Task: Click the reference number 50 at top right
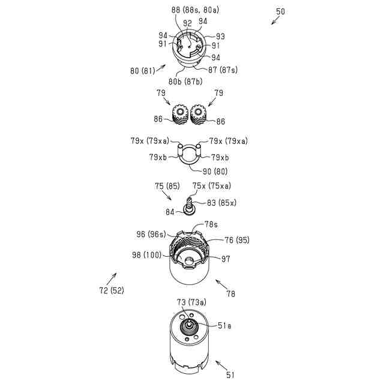(x=280, y=11)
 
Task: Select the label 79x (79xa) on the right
(x=228, y=142)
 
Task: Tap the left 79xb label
(x=159, y=157)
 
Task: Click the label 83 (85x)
(x=221, y=203)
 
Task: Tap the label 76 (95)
(x=236, y=240)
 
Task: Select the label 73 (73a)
(x=191, y=302)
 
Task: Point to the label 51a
(x=224, y=325)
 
